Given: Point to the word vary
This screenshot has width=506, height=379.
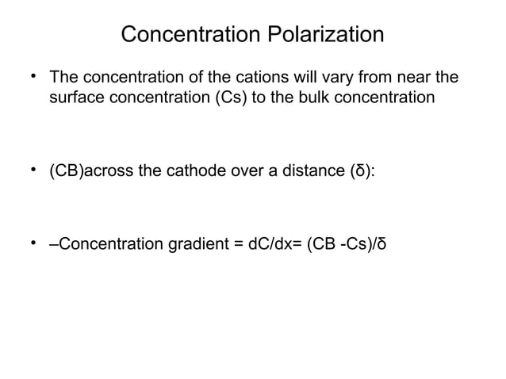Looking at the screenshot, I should click(335, 79).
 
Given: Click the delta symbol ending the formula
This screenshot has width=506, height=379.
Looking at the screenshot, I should click(383, 242).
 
